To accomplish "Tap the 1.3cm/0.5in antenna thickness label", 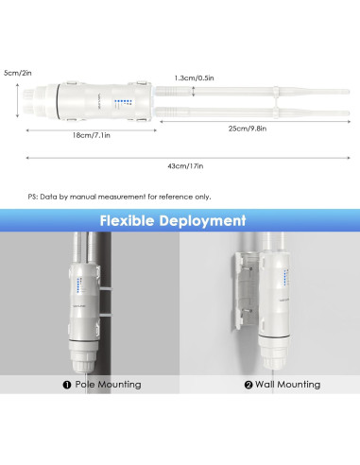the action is click(x=195, y=78).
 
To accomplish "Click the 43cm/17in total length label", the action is click(x=186, y=166).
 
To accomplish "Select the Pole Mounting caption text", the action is click(x=108, y=385).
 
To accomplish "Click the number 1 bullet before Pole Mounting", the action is click(x=67, y=385).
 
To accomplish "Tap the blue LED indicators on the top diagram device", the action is click(x=119, y=104).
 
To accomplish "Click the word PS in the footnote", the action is click(x=32, y=197).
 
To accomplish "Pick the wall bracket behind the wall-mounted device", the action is click(x=245, y=288).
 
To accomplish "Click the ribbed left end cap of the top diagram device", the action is click(x=39, y=98).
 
